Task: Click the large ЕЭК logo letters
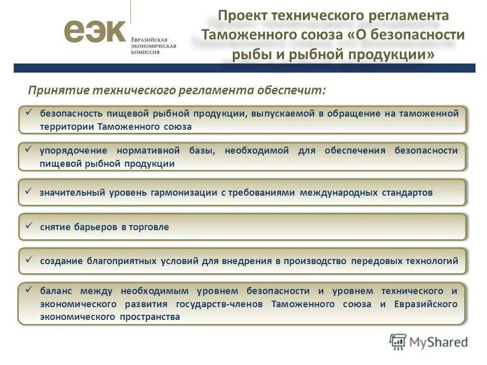pos(94,31)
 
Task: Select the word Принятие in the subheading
pos(57,90)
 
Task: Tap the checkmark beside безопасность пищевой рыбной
pos(29,112)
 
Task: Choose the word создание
pos(61,261)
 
